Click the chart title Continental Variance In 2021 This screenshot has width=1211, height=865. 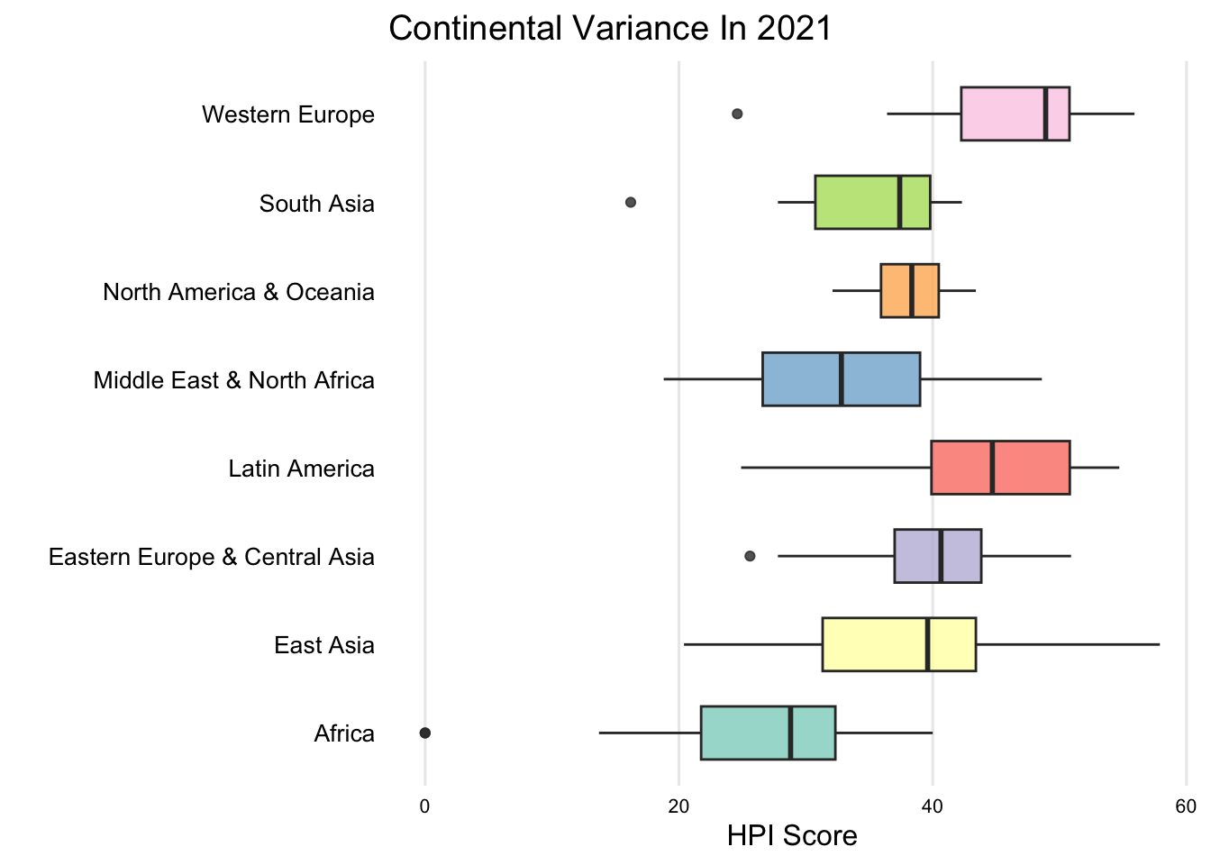click(610, 29)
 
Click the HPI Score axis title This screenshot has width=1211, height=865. click(792, 836)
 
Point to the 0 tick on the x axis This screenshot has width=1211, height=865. click(425, 806)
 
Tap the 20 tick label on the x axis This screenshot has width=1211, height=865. click(678, 806)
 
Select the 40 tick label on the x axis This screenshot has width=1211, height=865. click(933, 806)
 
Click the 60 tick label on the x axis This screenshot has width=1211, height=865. click(1186, 806)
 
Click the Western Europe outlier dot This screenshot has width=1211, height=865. click(737, 114)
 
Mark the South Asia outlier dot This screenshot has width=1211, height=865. click(631, 202)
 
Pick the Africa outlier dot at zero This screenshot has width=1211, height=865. click(425, 733)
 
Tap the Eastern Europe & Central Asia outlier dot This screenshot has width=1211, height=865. click(750, 556)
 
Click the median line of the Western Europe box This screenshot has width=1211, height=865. click(1045, 114)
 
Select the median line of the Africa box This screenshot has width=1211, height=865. click(790, 733)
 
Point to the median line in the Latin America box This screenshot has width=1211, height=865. click(992, 468)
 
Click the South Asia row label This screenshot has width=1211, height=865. click(316, 204)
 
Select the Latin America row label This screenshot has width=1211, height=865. click(301, 469)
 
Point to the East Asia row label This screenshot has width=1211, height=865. click(323, 645)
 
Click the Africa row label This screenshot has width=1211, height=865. click(343, 733)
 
